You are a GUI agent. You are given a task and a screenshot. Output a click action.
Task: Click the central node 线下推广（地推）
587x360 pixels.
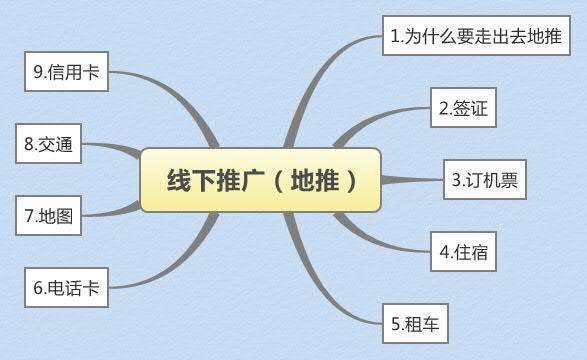(x=260, y=180)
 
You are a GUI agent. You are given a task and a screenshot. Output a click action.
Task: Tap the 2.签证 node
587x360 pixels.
(x=464, y=108)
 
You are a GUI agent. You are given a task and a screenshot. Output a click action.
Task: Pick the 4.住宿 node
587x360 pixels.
(x=463, y=251)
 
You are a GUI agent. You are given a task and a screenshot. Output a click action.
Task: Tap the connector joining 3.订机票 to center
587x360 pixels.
(x=410, y=180)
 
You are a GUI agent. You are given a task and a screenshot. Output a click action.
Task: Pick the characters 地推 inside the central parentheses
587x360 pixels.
(x=307, y=180)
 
